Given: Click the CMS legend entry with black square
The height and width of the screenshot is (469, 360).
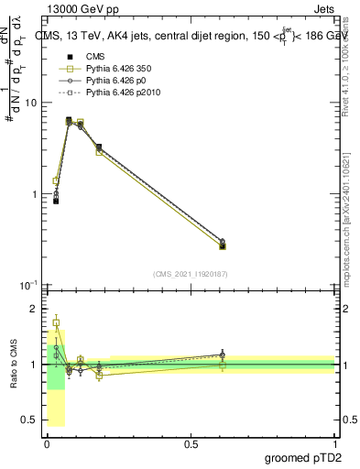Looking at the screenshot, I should tap(96, 59).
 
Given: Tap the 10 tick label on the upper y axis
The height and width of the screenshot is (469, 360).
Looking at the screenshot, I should tap(30, 103).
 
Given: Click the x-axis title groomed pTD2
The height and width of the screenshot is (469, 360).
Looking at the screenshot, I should tap(302, 457).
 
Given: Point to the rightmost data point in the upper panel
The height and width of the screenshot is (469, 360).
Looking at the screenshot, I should tap(223, 245).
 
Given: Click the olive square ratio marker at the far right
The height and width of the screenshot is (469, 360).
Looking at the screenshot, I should tap(223, 365).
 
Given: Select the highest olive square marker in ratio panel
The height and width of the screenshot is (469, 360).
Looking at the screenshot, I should tap(56, 323).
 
